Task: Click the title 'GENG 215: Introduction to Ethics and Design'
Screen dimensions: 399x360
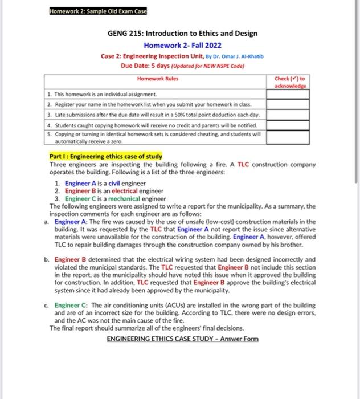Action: (x=182, y=34)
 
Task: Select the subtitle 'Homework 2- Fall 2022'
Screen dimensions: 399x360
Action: (x=182, y=45)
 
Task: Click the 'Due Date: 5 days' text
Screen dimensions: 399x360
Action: (x=146, y=66)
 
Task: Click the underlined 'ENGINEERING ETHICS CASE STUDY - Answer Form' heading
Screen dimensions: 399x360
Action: (x=182, y=339)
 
